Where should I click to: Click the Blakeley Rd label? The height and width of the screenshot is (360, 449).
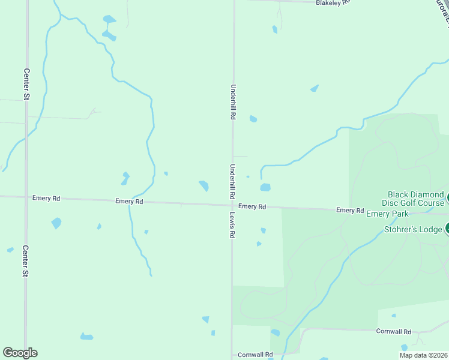point(333,3)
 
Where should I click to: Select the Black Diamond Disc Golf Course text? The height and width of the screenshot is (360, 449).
point(416,199)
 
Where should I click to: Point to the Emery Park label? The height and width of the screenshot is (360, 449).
point(387,214)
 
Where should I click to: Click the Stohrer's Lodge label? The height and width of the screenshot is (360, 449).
point(412,229)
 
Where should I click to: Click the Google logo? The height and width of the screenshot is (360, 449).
point(20,353)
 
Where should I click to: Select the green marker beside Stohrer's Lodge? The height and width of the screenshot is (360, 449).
point(447,228)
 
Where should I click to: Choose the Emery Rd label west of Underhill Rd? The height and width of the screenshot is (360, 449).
point(130,202)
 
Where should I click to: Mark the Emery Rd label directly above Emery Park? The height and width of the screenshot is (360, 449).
point(350,210)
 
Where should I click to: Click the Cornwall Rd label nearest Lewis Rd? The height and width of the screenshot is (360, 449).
point(255,355)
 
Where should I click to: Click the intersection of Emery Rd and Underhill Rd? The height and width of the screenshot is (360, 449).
point(233,205)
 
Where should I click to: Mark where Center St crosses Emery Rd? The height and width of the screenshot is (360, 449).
point(26,197)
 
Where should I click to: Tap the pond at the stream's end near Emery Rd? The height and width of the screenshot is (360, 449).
point(265,187)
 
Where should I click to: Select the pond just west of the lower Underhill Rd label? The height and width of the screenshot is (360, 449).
point(204,186)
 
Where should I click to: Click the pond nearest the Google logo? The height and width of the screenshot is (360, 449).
point(86,337)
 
